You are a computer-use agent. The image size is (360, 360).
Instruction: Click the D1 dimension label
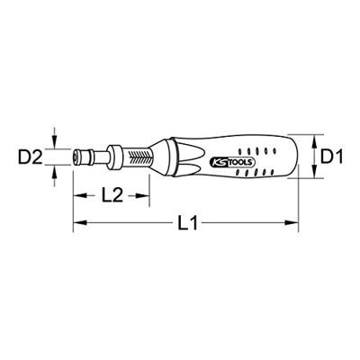pos(335,157)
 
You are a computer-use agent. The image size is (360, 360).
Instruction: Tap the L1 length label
pos(187,226)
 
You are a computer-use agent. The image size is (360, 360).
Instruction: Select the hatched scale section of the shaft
pos(143,157)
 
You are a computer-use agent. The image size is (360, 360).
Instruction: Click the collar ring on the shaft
pos(116,157)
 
